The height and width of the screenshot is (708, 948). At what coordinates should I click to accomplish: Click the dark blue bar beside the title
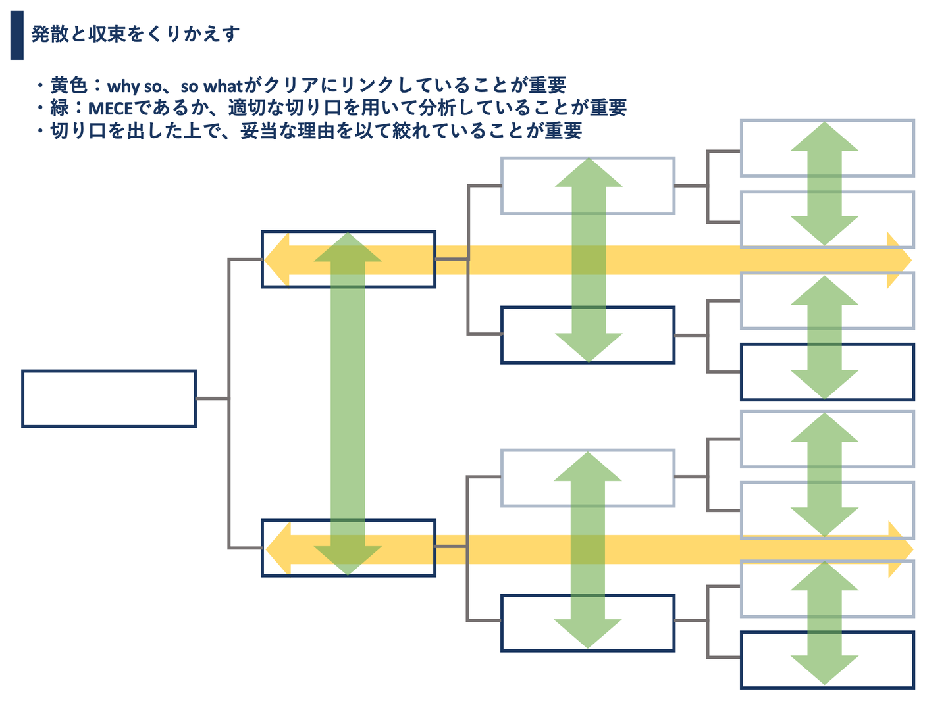[16, 35]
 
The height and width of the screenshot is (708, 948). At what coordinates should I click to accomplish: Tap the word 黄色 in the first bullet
[68, 86]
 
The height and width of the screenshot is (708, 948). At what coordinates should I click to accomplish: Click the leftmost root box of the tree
[109, 399]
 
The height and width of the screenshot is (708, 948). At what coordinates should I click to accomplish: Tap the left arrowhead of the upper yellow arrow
[276, 259]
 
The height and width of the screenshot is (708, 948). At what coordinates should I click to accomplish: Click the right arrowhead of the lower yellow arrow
[901, 549]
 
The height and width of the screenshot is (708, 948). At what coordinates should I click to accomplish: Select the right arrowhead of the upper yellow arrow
[899, 261]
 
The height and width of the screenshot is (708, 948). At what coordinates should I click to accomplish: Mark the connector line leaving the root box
[212, 398]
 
